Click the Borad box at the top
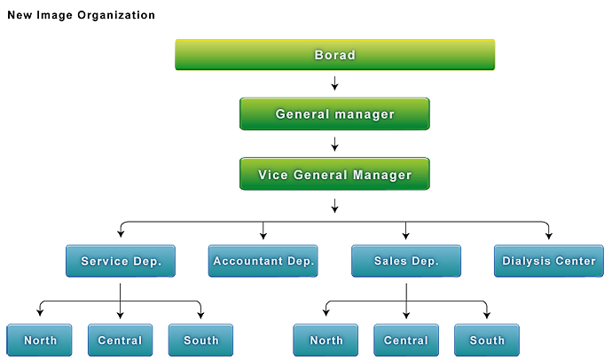point(334,55)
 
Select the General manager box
point(334,114)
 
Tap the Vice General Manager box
point(334,175)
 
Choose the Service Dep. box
point(121,262)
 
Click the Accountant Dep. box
point(263,262)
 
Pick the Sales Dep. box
point(406,262)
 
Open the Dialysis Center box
point(548,262)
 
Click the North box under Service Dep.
point(40,340)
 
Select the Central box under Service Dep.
point(120,340)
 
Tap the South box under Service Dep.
point(200,340)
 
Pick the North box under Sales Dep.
point(326,340)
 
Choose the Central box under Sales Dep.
point(406,340)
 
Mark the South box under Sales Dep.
point(487,340)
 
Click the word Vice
point(272,175)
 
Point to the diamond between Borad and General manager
point(334,84)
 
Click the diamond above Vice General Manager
point(334,145)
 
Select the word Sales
point(393,262)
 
